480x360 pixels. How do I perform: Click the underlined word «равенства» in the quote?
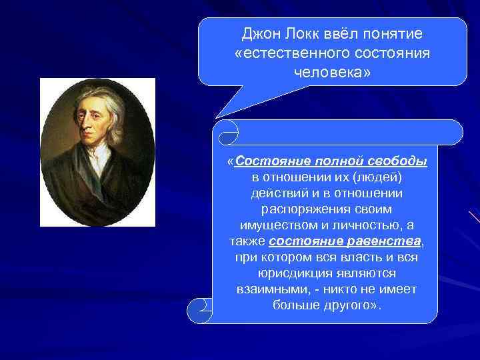[x=388, y=241]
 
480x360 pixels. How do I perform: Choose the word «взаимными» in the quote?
[x=270, y=289]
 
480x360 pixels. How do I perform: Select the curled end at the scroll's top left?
[x=228, y=132]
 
